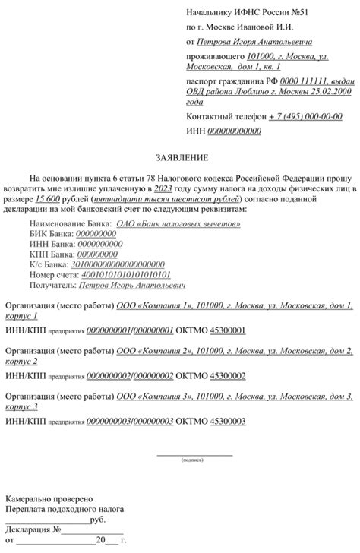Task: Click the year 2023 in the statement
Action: click(163, 188)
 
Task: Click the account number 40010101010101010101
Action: click(126, 273)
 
